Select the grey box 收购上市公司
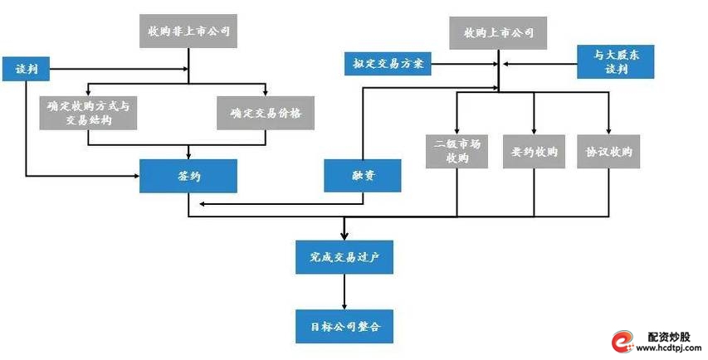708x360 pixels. (498, 34)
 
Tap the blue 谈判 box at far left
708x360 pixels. (26, 69)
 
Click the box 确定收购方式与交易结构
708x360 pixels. (87, 113)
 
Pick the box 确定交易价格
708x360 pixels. (266, 113)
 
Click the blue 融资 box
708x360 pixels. (363, 176)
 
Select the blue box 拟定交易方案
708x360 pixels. (388, 62)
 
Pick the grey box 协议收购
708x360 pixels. (609, 152)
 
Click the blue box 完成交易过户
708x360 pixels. (344, 256)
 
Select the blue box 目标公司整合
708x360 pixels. (344, 326)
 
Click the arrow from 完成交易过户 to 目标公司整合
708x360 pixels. (344, 291)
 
